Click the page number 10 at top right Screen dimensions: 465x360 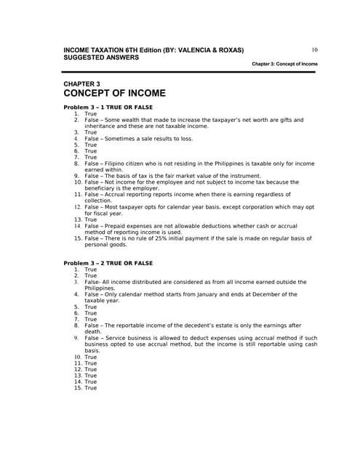[x=314, y=49]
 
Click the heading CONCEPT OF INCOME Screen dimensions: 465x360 [x=115, y=93]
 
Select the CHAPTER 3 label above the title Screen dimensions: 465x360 [x=82, y=84]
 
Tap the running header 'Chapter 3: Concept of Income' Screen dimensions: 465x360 [x=284, y=64]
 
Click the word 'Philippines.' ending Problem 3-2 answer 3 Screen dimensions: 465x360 [x=100, y=288]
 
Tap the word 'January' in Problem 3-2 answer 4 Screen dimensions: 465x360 [x=219, y=294]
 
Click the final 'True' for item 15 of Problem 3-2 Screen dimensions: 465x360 [x=90, y=388]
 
